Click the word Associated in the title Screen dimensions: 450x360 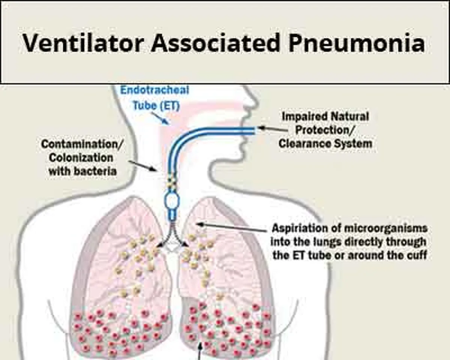[x=215, y=43]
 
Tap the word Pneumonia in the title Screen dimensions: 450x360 [x=357, y=43]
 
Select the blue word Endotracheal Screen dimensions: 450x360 [x=155, y=90]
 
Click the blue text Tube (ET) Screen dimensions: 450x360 [x=156, y=105]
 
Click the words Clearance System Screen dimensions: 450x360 [x=325, y=144]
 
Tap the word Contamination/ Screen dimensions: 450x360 [x=82, y=144]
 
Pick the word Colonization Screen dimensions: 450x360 [x=81, y=158]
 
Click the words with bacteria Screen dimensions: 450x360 [x=82, y=171]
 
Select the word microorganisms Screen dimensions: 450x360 [x=385, y=228]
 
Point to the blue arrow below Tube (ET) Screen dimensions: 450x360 [x=160, y=118]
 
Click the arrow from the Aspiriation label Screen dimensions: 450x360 [x=232, y=228]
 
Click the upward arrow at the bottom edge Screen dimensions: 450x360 [x=200, y=351]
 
